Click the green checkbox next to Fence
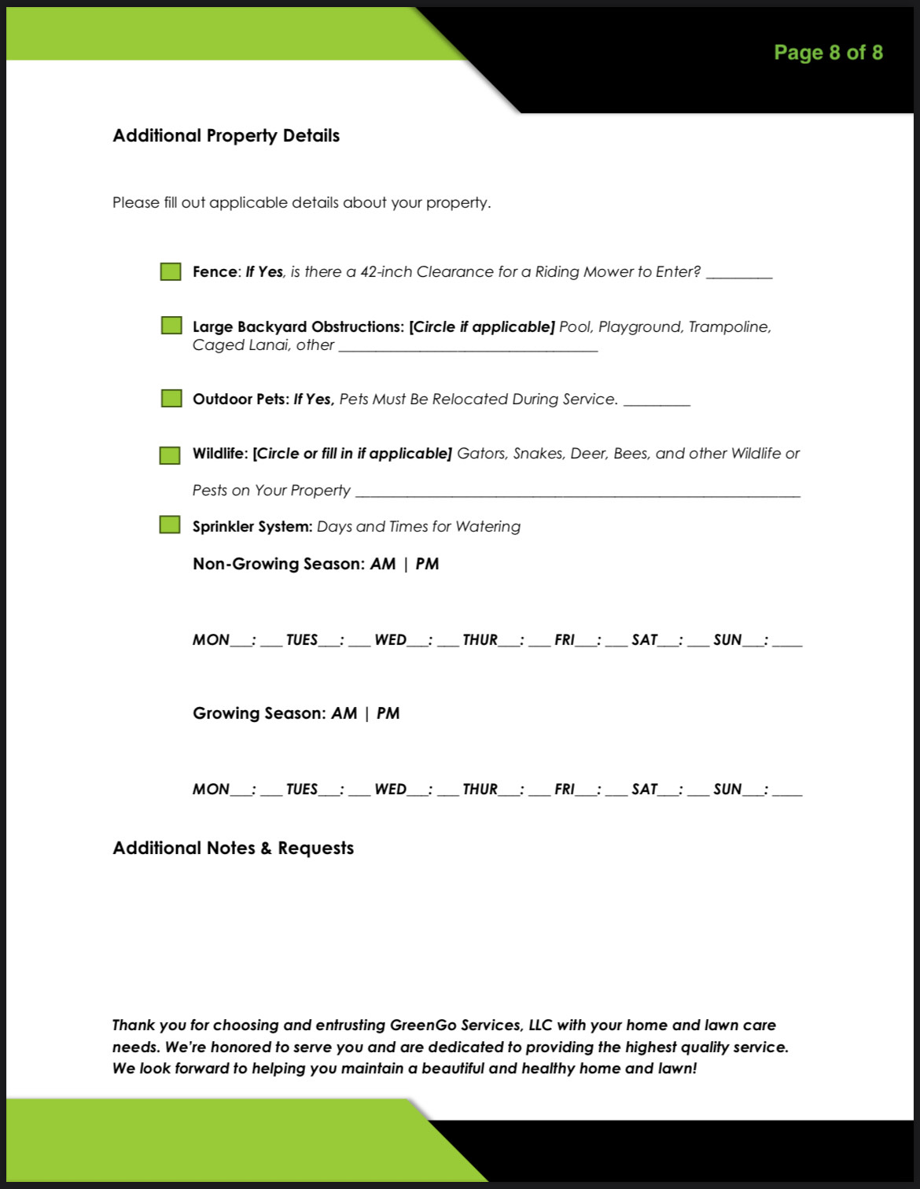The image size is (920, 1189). pos(171,272)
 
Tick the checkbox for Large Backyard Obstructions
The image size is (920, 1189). pos(171,326)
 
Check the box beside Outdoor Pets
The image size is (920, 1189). pos(171,398)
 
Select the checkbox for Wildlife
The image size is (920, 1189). pos(170,455)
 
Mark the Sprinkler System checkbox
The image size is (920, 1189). pos(170,525)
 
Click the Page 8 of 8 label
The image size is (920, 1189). pos(828,53)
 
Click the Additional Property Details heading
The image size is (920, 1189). pos(226,135)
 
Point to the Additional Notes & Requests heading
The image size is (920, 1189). pos(234,848)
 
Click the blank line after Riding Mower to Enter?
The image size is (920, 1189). pos(739,275)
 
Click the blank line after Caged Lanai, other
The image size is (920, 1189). pos(468,348)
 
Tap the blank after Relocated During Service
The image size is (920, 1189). pos(657,403)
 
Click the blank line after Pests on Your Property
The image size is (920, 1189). pos(578,494)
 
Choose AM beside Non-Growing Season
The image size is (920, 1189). pos(383,564)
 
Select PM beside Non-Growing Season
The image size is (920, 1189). pos(427,564)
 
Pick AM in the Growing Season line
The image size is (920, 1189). pos(344,713)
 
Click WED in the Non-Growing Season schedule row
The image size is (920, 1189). pos(391,640)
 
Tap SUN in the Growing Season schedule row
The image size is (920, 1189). pos(727,790)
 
